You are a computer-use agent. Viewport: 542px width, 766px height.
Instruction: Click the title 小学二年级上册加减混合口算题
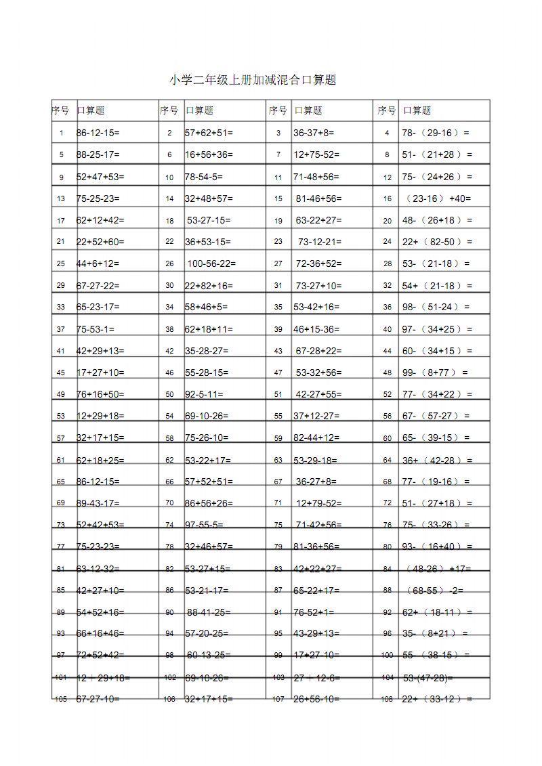(x=252, y=80)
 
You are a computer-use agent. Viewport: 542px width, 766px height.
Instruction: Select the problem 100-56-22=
(x=211, y=263)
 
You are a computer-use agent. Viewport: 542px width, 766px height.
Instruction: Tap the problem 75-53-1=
(x=96, y=329)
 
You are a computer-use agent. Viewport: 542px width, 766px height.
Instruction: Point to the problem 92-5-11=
(x=204, y=394)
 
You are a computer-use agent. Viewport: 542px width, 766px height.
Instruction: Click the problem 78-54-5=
(x=204, y=177)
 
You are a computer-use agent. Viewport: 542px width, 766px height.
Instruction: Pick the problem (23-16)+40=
(x=438, y=198)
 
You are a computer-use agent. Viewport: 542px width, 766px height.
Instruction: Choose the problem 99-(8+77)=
(x=435, y=373)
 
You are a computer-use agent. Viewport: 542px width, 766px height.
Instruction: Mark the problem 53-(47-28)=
(x=428, y=677)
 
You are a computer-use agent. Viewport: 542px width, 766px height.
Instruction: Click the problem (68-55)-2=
(x=434, y=591)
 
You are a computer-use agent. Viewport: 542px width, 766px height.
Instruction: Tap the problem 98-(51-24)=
(x=436, y=307)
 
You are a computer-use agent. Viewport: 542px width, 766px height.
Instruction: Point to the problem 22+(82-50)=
(x=437, y=242)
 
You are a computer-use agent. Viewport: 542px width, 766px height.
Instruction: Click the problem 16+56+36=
(x=209, y=154)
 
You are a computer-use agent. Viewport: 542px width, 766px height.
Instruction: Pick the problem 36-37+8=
(x=314, y=133)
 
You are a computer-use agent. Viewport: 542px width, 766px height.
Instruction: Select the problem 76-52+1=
(x=314, y=612)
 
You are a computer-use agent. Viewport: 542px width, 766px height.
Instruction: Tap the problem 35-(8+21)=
(x=435, y=634)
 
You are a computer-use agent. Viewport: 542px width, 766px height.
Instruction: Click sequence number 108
(x=387, y=700)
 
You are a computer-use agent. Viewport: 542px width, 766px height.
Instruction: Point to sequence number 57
(x=61, y=438)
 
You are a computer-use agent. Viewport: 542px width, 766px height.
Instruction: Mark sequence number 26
(x=169, y=264)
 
